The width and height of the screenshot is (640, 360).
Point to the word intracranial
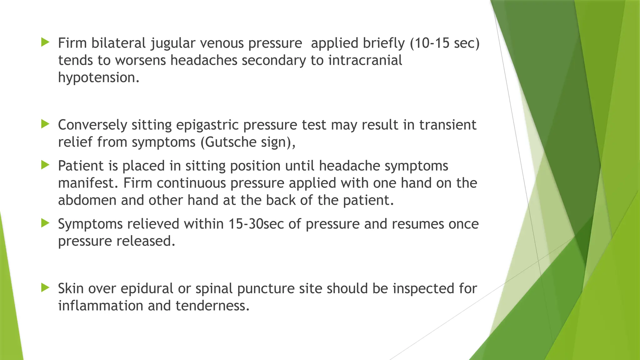point(365,60)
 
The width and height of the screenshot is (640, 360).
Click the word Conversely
point(92,125)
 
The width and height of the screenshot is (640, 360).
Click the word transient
point(447,125)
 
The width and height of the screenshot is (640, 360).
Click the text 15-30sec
point(256,224)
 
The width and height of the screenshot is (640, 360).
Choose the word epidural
point(147,288)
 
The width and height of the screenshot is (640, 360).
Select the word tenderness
point(212,306)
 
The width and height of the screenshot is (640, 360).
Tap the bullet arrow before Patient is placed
point(45,165)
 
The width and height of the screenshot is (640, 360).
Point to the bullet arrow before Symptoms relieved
point(45,223)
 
